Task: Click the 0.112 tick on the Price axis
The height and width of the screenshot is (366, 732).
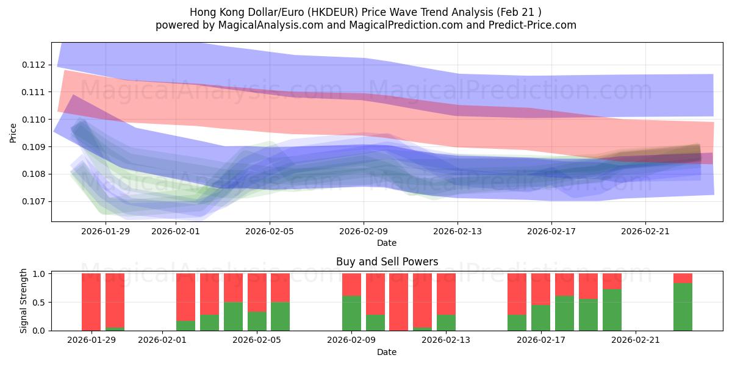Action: [34, 65]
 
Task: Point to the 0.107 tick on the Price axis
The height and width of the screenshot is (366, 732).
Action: [34, 201]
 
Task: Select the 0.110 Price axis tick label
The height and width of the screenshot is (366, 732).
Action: [34, 120]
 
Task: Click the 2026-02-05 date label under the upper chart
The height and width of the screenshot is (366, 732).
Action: [270, 231]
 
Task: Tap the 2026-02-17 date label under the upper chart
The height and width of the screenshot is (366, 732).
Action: [551, 231]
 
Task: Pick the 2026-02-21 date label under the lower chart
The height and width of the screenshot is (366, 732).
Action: [636, 340]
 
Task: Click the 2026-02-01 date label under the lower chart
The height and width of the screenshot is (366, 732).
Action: [163, 340]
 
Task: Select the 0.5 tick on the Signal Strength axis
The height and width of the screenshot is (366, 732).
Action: [39, 303]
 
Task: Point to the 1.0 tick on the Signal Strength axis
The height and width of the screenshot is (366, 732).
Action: [39, 274]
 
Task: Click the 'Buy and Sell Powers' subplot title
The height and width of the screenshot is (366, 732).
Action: [387, 262]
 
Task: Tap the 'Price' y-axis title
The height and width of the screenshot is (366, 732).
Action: [13, 132]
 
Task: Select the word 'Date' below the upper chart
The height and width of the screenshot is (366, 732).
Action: [387, 243]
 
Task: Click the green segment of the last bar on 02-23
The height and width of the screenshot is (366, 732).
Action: [683, 307]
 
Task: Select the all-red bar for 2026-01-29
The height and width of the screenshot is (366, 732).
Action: [91, 302]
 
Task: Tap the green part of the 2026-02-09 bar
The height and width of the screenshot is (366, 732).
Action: [351, 313]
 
